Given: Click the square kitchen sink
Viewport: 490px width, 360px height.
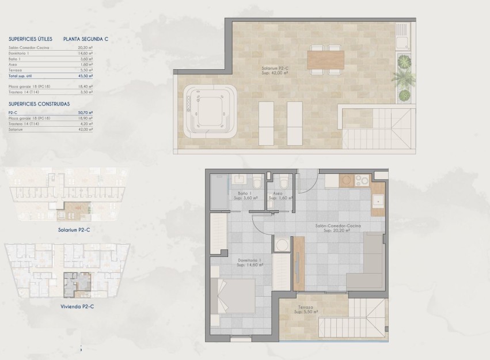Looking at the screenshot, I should [x=378, y=201].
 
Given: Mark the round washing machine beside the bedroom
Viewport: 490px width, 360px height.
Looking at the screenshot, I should [x=282, y=245].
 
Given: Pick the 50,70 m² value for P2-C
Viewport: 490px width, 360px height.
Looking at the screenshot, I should [x=86, y=113].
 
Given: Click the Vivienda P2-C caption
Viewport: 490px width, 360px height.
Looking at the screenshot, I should [x=77, y=306].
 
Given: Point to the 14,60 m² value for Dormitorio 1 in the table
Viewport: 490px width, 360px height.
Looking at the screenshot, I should [x=86, y=53].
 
